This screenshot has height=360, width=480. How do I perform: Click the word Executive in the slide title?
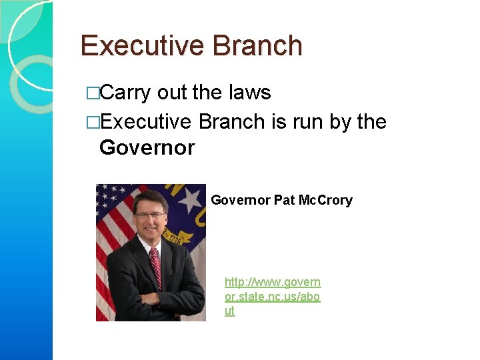pos(140,46)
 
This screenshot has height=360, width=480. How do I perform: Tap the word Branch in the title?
pos(257,46)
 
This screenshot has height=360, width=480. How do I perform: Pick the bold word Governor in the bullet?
pos(147,147)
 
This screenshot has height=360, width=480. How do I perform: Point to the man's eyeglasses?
pos(149,215)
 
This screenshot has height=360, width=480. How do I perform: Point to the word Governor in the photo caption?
pos(241,200)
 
